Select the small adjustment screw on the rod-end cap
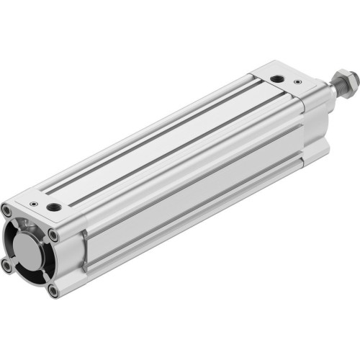(x=298, y=83)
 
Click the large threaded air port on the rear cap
(x=54, y=207)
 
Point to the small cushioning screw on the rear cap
(x=33, y=204)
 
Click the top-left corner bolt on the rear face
(x=7, y=211)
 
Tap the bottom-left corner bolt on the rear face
(x=7, y=266)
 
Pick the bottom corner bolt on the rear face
(x=52, y=290)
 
